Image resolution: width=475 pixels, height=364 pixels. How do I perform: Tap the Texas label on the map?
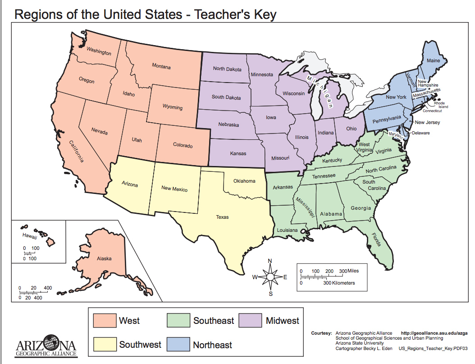pyautogui.click(x=222, y=217)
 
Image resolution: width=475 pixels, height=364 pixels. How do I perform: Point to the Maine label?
pyautogui.click(x=433, y=60)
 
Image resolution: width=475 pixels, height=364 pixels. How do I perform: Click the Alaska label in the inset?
pyautogui.click(x=104, y=258)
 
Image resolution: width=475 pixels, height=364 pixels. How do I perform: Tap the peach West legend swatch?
pyautogui.click(x=105, y=321)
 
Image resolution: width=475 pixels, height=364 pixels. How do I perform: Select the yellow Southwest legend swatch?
pyautogui.click(x=105, y=345)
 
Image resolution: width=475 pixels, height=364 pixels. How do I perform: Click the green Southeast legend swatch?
pyautogui.click(x=179, y=321)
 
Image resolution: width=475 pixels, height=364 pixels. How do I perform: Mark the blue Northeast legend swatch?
pyautogui.click(x=179, y=345)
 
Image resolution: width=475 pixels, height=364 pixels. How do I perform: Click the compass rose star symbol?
pyautogui.click(x=270, y=277)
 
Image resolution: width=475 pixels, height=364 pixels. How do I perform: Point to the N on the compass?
pyautogui.click(x=270, y=261)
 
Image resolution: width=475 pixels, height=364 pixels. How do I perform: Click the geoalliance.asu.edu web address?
pyautogui.click(x=434, y=333)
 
